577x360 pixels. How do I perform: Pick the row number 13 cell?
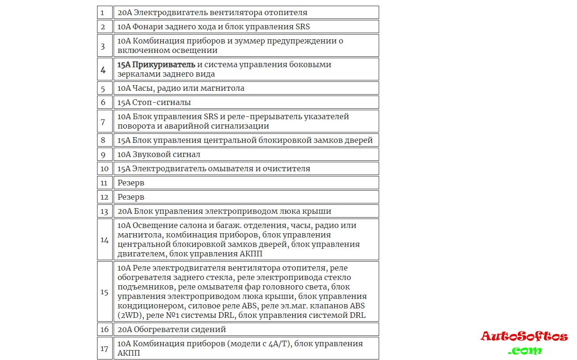pyautogui.click(x=104, y=211)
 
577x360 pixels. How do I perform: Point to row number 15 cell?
pyautogui.click(x=104, y=292)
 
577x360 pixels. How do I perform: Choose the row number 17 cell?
pyautogui.click(x=104, y=349)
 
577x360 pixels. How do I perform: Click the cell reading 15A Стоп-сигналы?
pyautogui.click(x=246, y=103)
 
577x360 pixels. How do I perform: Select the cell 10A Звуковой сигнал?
pyautogui.click(x=246, y=155)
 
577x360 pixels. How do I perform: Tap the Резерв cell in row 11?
pyautogui.click(x=246, y=183)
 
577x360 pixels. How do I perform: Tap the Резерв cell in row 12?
pyautogui.click(x=246, y=197)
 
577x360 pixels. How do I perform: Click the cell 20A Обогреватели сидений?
pyautogui.click(x=246, y=330)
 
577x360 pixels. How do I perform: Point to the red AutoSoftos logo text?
pyautogui.click(x=524, y=337)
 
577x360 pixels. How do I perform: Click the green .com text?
pyautogui.click(x=524, y=351)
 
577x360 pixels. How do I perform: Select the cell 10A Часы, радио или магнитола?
pyautogui.click(x=246, y=88)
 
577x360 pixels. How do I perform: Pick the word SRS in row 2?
pyautogui.click(x=302, y=27)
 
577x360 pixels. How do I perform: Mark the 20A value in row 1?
pyautogui.click(x=124, y=13)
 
